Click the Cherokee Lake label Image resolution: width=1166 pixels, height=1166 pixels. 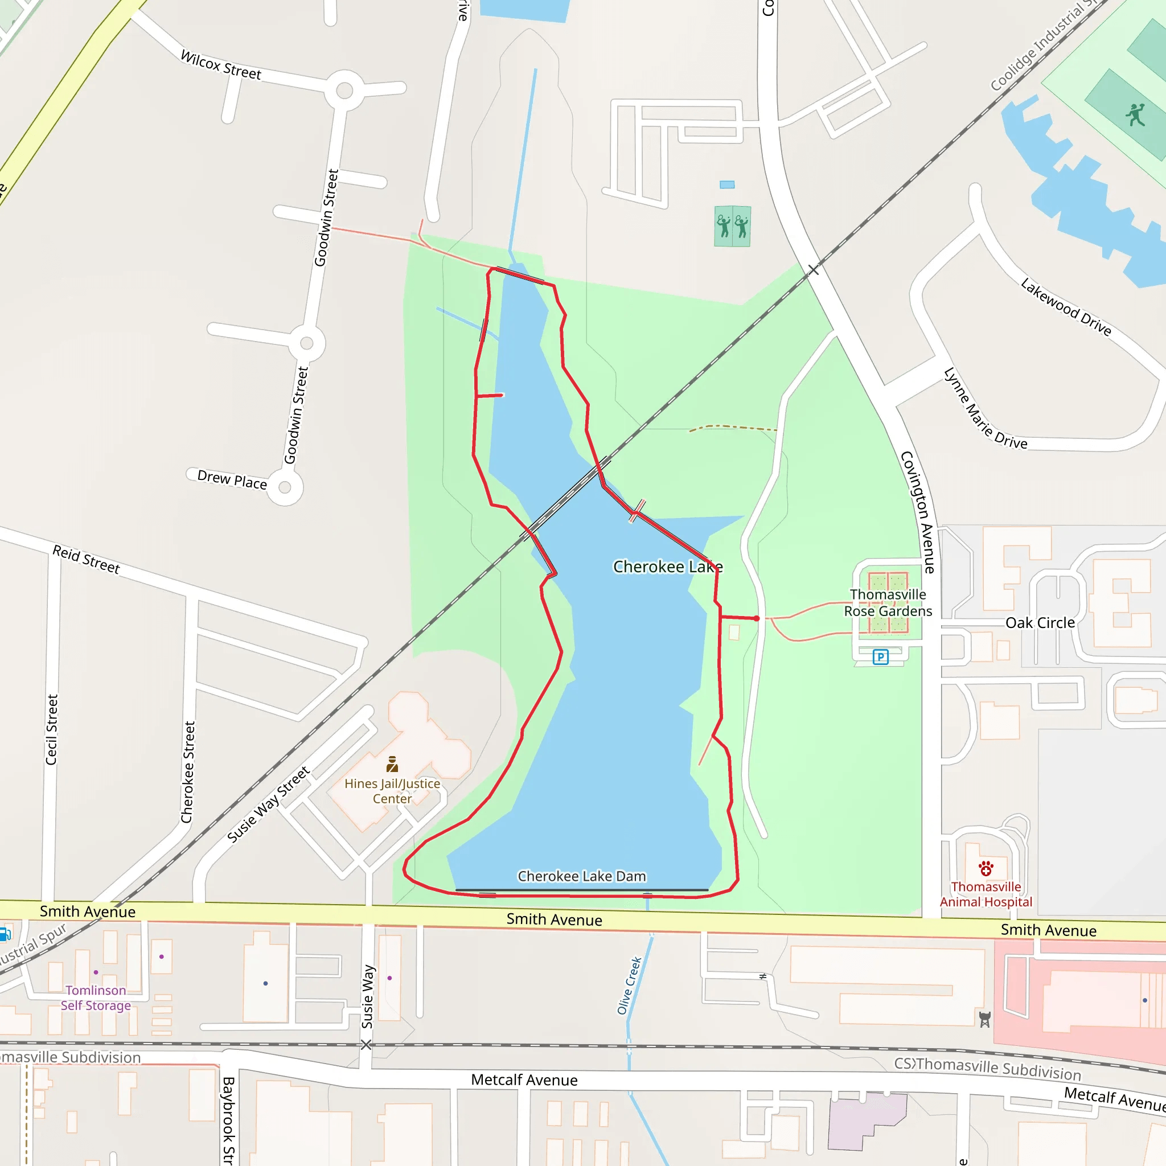667,566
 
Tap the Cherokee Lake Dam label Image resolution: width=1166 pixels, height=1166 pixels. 582,876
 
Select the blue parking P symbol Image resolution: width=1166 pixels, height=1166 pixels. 881,657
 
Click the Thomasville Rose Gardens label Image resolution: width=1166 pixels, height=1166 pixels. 888,603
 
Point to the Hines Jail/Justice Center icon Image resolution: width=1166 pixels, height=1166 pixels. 392,764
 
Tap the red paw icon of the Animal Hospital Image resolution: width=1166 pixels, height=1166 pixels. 986,869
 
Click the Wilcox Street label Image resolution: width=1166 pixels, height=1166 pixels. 221,65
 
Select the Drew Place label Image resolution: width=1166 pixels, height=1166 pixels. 232,480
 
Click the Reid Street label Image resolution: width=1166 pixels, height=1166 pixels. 87,560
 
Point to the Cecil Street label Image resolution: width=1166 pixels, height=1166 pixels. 52,730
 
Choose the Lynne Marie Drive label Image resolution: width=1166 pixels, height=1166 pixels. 985,409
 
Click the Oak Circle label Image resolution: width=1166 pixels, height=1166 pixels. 1040,623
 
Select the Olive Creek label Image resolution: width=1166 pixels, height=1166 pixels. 629,986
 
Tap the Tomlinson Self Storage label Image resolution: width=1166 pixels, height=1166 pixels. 96,997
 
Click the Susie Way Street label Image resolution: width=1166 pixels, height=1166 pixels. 269,804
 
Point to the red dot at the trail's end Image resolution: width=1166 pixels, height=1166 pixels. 757,619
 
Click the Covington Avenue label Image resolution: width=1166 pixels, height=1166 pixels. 918,512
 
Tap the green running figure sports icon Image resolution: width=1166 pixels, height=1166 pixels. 1135,114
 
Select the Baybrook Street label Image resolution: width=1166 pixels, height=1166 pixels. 228,1120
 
